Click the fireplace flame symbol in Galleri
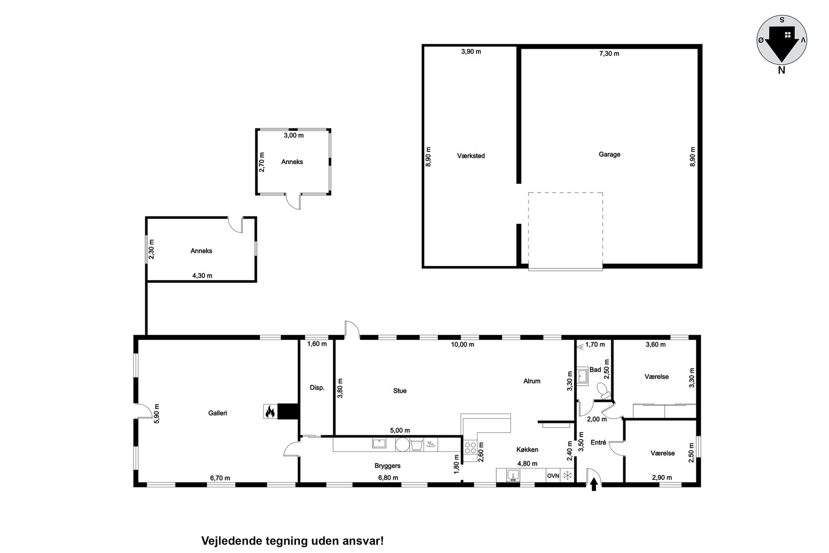pos(270,411)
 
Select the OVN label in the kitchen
pos(553,476)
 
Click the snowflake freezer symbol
pos(567,476)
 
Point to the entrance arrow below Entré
pos(594,484)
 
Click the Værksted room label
pos(471,156)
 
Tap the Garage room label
pos(609,155)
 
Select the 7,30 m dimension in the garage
pos(609,54)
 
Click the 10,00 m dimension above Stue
pos(463,344)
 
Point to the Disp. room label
pos(317,388)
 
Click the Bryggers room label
pos(387,466)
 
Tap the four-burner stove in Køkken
pos(470,448)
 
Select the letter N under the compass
pos(781,71)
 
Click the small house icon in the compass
pos(788,35)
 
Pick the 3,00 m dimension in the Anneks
pos(294,135)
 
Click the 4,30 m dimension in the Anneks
pos(202,275)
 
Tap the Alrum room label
pos(532,381)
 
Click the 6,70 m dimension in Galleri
pos(220,478)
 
